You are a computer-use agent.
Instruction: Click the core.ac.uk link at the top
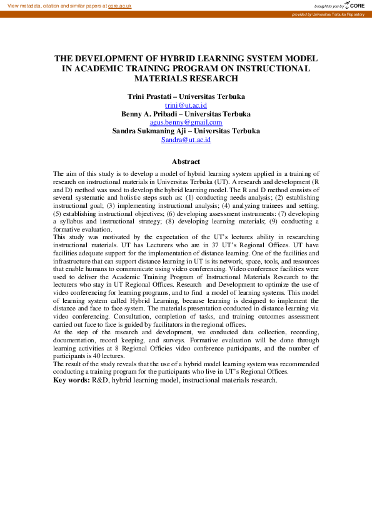click(x=119, y=5)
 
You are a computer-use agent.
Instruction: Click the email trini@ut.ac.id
click(x=186, y=106)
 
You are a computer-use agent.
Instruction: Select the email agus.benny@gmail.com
click(x=186, y=123)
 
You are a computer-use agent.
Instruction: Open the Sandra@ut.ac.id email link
click(x=186, y=140)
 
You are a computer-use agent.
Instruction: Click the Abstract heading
click(x=186, y=161)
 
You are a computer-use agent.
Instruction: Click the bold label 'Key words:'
click(x=71, y=380)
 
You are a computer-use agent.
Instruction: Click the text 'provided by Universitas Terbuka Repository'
click(x=328, y=14)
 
